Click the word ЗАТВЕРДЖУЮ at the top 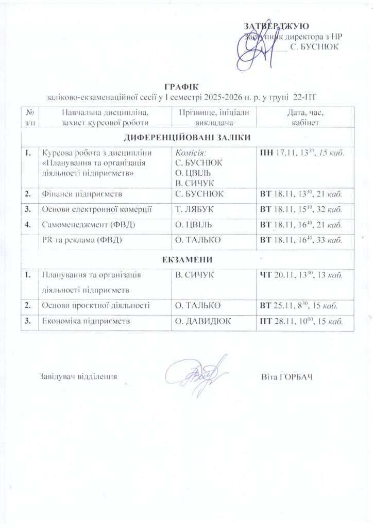click(276, 26)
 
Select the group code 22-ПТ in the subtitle click(304, 96)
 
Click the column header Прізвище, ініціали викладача click(213, 118)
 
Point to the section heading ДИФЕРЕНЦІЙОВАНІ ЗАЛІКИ click(188, 138)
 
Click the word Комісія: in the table click(191, 153)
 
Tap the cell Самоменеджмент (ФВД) click(84, 225)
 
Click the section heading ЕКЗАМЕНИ click(188, 259)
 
